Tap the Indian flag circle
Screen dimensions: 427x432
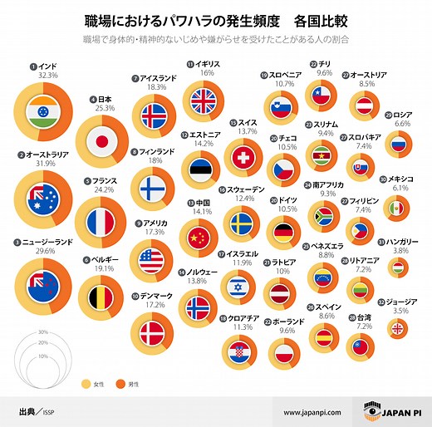click(x=42, y=112)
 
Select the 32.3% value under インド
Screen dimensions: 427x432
click(x=48, y=75)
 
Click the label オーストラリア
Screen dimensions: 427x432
click(x=48, y=155)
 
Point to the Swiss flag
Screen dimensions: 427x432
click(x=243, y=157)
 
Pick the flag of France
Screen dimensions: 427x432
click(x=103, y=222)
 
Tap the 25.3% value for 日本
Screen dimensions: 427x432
click(x=104, y=107)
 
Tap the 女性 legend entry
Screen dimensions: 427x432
click(x=99, y=384)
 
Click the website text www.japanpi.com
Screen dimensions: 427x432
click(x=313, y=412)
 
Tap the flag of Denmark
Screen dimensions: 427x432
click(x=153, y=334)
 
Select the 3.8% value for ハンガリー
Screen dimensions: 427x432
click(x=400, y=249)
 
